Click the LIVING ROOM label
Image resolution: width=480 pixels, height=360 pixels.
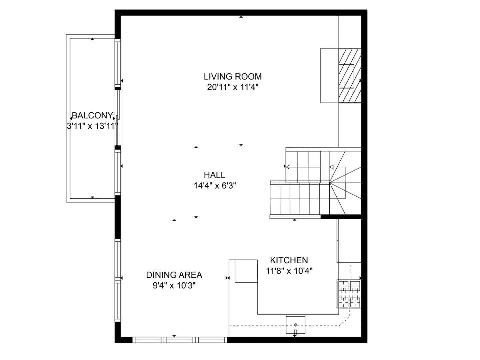click(x=233, y=76)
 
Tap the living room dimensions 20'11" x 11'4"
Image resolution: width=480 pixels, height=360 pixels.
click(x=233, y=87)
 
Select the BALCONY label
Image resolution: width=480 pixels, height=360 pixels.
click(x=92, y=116)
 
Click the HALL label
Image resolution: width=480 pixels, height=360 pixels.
click(x=214, y=175)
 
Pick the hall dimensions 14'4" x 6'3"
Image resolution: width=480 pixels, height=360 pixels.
click(x=215, y=186)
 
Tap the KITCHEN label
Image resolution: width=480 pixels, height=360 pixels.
click(x=289, y=260)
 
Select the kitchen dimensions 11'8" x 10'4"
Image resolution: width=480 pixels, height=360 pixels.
click(x=289, y=271)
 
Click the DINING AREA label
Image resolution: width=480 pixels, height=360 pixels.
click(x=174, y=275)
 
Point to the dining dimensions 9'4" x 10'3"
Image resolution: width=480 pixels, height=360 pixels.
click(x=174, y=286)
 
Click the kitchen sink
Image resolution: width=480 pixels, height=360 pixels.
click(x=295, y=325)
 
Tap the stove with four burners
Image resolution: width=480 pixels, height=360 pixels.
click(x=349, y=294)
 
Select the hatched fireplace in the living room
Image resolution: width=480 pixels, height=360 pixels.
click(x=350, y=76)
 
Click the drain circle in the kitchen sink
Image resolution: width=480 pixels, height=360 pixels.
click(x=295, y=325)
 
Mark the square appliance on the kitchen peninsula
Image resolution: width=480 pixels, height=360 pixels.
click(x=246, y=271)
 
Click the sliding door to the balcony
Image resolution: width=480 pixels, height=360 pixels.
click(x=117, y=117)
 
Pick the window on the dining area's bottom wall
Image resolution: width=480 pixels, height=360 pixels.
click(x=180, y=340)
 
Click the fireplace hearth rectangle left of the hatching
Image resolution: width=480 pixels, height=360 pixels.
click(x=329, y=76)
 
